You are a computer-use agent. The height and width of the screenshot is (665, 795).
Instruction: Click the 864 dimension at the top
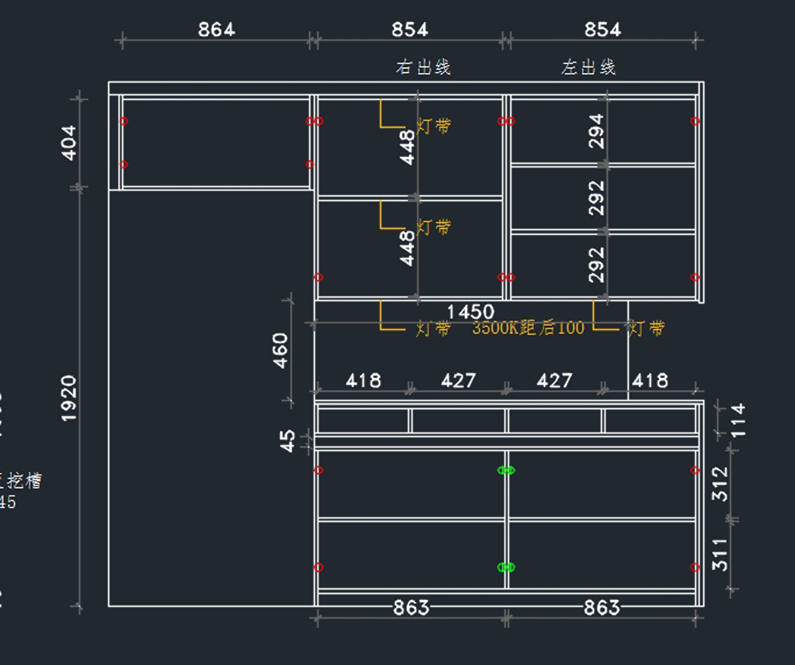click(x=217, y=30)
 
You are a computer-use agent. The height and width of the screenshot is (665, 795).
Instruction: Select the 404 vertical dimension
click(x=70, y=142)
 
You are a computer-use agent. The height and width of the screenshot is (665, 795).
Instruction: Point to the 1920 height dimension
click(x=70, y=397)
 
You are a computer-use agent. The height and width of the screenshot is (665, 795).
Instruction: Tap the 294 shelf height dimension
click(x=597, y=130)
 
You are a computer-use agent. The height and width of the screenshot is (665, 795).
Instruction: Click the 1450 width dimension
click(x=470, y=312)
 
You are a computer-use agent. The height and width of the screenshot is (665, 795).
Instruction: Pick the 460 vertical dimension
click(x=281, y=350)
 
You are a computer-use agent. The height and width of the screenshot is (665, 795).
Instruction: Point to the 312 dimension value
click(x=720, y=483)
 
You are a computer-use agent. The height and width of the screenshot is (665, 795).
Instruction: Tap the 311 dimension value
click(x=720, y=554)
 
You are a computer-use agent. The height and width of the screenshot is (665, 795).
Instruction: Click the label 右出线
click(x=424, y=67)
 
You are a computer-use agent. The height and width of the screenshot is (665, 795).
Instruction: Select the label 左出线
click(x=589, y=67)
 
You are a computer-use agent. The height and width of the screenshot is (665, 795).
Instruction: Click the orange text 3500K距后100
click(x=528, y=328)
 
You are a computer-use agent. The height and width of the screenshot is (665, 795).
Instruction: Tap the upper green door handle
click(x=506, y=470)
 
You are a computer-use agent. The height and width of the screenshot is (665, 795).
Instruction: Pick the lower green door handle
click(x=506, y=567)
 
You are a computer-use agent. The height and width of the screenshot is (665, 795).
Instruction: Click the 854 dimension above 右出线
click(x=410, y=30)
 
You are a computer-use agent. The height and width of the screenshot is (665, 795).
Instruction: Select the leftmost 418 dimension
click(x=363, y=381)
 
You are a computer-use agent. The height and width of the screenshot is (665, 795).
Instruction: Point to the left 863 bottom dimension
click(x=411, y=607)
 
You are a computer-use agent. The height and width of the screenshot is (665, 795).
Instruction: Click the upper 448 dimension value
click(x=407, y=147)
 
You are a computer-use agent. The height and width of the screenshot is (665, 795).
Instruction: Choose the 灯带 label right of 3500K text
click(x=647, y=328)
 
